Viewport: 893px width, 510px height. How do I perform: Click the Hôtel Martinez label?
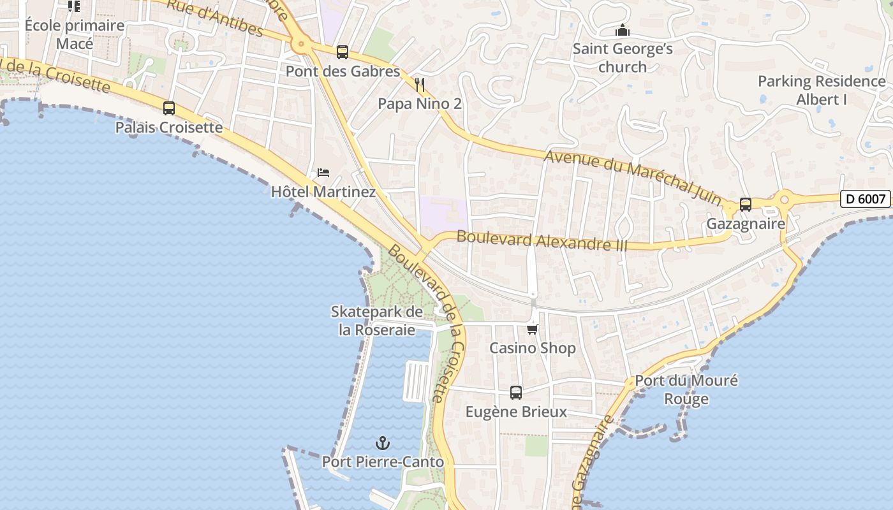click(x=323, y=191)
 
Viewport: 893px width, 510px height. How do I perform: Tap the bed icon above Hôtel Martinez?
click(x=323, y=173)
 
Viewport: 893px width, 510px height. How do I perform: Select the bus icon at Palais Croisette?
click(x=169, y=108)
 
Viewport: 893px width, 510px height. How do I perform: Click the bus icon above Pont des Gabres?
click(x=343, y=52)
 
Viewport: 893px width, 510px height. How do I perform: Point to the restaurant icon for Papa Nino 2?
click(x=420, y=84)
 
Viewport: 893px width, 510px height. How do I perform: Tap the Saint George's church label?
click(x=623, y=58)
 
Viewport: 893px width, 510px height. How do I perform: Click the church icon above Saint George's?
click(x=623, y=30)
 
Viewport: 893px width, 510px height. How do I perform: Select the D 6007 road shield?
click(x=865, y=199)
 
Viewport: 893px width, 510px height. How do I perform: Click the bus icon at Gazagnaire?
click(x=746, y=205)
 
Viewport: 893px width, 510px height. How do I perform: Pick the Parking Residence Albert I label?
click(x=822, y=91)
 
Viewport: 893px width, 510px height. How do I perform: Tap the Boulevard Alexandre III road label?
click(x=542, y=241)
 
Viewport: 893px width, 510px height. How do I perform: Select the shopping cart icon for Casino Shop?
click(x=533, y=329)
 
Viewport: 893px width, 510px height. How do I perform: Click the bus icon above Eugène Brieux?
click(x=516, y=393)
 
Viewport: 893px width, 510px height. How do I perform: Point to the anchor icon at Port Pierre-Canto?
click(x=383, y=442)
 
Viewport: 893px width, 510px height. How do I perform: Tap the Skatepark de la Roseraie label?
click(x=376, y=321)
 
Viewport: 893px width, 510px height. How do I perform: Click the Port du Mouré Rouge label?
click(x=686, y=390)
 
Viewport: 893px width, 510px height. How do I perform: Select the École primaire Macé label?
click(x=74, y=34)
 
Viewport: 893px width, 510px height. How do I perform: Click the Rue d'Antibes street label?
click(x=215, y=18)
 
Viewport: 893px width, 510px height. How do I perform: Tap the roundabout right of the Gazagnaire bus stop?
click(x=785, y=200)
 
